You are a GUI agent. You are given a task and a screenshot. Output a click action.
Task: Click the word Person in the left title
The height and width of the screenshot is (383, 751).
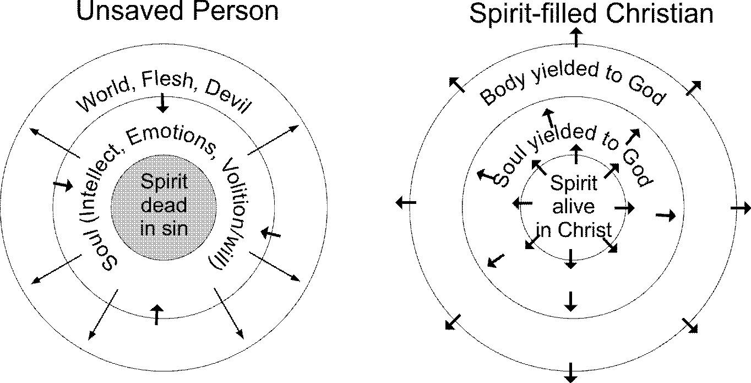233,11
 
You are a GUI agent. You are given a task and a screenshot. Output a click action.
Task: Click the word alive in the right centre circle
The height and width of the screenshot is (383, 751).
573,206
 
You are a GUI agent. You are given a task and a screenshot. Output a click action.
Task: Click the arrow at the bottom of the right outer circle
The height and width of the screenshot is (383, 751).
571,373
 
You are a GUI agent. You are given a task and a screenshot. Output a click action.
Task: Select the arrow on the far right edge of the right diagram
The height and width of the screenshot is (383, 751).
741,208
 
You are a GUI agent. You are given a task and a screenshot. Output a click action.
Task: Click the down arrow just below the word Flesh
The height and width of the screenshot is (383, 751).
162,103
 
